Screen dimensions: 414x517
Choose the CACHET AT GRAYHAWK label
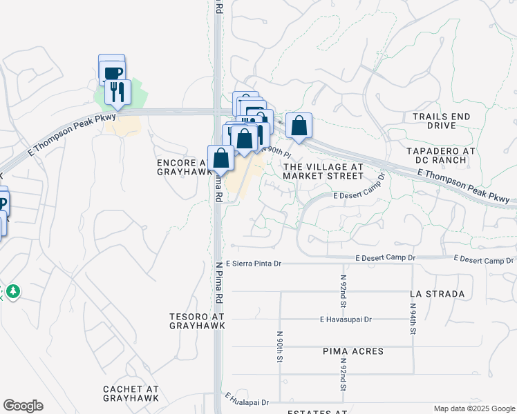click(x=131, y=393)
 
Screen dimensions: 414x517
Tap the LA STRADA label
click(x=437, y=294)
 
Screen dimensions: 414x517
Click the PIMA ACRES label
click(x=353, y=351)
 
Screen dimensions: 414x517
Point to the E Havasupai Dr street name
click(x=346, y=319)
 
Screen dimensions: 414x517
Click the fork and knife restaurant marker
click(x=117, y=91)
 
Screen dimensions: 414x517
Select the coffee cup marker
click(x=113, y=72)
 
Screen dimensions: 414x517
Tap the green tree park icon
click(x=12, y=291)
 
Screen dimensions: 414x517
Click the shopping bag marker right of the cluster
click(x=299, y=126)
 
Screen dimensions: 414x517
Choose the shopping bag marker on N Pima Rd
click(x=220, y=157)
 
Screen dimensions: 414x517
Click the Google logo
click(x=23, y=406)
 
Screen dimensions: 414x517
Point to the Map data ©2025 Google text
click(x=473, y=408)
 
